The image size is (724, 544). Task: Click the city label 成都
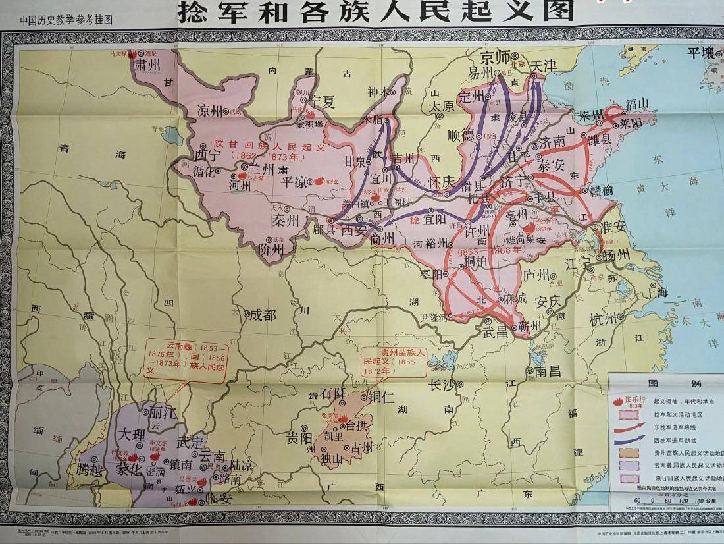[x=263, y=315]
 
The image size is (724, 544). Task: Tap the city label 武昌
[x=496, y=331]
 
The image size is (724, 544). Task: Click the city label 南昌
[x=547, y=371]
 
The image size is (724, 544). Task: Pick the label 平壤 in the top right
[x=700, y=53]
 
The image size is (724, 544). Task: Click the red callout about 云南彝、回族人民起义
[x=186, y=358]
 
